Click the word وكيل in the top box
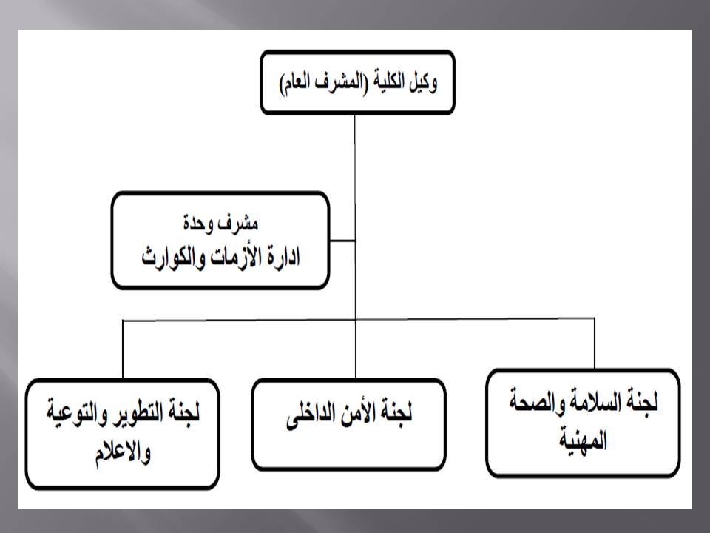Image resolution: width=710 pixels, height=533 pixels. point(423,83)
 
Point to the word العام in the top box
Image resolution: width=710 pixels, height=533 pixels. point(295,83)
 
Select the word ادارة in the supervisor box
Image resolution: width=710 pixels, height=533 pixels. point(283,258)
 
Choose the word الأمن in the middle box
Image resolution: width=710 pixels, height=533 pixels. point(362,413)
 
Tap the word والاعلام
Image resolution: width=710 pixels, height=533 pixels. point(123,452)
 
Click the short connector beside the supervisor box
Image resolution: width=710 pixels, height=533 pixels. point(342,240)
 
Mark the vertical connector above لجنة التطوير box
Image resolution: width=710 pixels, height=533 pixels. point(123,349)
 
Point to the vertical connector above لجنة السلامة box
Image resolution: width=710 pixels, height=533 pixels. point(594,343)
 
